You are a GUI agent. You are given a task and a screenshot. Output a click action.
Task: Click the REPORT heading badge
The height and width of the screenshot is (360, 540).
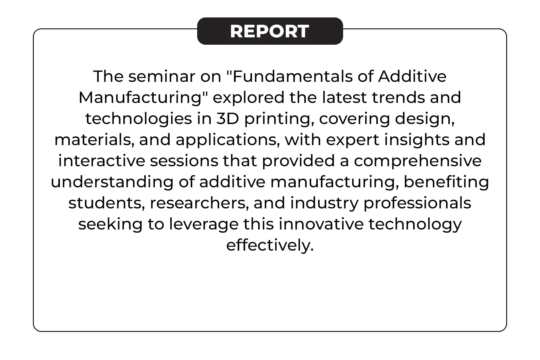(x=270, y=31)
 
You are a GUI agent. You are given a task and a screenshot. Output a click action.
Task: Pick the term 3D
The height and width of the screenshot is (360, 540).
(x=228, y=119)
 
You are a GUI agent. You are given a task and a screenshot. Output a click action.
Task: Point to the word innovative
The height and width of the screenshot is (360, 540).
(x=321, y=224)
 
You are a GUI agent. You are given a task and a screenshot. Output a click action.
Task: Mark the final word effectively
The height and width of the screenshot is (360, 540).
(x=270, y=246)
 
